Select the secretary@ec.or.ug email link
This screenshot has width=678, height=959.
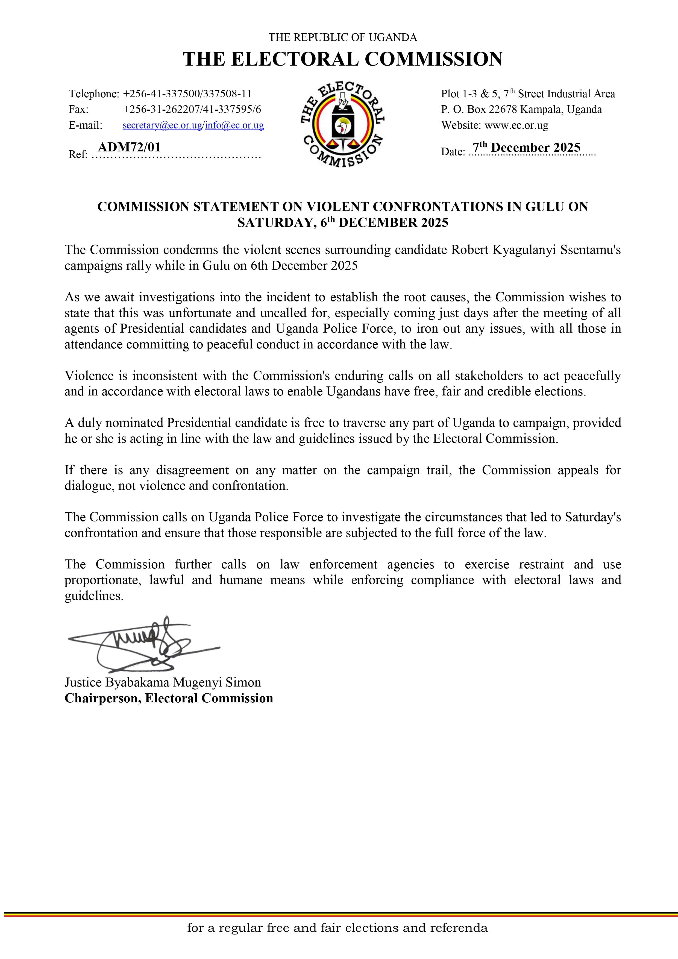click(162, 125)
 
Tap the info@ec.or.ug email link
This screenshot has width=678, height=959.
click(234, 125)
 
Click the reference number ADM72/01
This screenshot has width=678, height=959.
click(129, 147)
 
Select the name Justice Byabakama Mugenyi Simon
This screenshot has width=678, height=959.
click(163, 682)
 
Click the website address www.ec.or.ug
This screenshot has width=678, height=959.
click(516, 125)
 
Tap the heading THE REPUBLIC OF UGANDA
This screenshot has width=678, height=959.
click(342, 38)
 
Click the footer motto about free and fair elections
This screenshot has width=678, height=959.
click(337, 928)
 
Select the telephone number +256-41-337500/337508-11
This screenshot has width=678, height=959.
click(187, 94)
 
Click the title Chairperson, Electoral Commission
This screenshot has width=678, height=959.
click(169, 698)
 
